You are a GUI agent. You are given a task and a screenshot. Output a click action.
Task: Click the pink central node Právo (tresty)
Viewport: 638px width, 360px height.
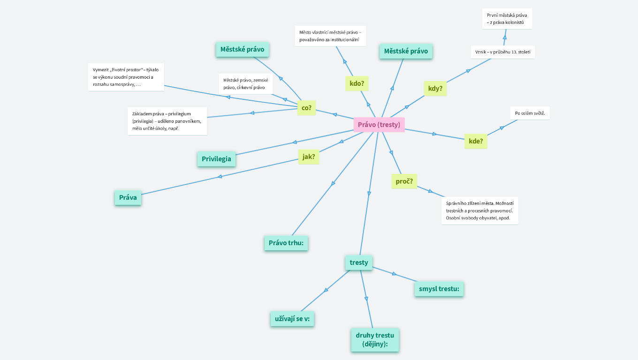(x=379, y=125)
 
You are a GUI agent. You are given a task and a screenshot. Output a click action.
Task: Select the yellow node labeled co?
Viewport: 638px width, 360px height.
(x=306, y=108)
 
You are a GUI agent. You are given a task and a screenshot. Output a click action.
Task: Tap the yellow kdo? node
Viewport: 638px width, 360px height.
(x=357, y=84)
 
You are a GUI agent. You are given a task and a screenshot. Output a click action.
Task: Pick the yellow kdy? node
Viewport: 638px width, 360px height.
(x=435, y=88)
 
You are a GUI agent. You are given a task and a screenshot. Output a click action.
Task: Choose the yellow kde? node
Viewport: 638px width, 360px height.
(x=476, y=141)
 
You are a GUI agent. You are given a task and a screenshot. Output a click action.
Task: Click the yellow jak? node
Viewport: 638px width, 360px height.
(x=309, y=157)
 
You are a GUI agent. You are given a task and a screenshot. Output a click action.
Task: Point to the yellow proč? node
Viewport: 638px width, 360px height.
(x=404, y=181)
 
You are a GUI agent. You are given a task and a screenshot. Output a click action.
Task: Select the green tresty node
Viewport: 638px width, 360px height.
(x=359, y=262)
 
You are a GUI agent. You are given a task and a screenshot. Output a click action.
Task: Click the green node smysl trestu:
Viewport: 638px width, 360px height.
(x=439, y=289)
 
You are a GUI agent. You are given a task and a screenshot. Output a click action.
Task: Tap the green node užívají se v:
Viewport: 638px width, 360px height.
(x=292, y=319)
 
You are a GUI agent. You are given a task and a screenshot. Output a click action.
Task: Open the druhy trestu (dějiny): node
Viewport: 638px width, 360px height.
(x=375, y=340)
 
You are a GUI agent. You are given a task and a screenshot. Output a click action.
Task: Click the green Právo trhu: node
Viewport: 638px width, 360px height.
(x=286, y=243)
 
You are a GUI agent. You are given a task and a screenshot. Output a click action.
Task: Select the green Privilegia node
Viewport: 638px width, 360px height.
(x=216, y=159)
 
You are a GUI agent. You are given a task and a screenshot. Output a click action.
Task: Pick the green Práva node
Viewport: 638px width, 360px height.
(x=128, y=197)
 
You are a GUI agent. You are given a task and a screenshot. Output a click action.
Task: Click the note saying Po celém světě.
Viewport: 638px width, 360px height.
(x=530, y=113)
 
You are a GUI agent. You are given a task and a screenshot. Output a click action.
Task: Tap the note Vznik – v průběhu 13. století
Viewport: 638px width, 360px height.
(x=502, y=52)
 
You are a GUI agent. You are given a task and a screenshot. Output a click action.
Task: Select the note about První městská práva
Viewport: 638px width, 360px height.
(x=507, y=19)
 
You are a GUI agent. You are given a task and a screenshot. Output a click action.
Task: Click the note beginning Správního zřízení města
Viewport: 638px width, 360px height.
(x=479, y=211)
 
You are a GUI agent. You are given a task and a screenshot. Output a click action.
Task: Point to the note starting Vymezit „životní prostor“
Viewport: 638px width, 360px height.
(x=126, y=77)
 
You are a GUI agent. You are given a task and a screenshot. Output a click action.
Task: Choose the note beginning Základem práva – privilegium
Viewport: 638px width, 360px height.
(x=167, y=121)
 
